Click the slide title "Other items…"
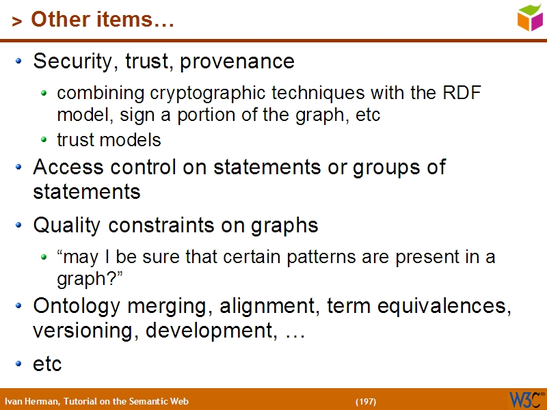tap(102, 20)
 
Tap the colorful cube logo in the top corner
tap(530, 17)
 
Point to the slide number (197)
tap(366, 401)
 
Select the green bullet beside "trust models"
tap(44, 140)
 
